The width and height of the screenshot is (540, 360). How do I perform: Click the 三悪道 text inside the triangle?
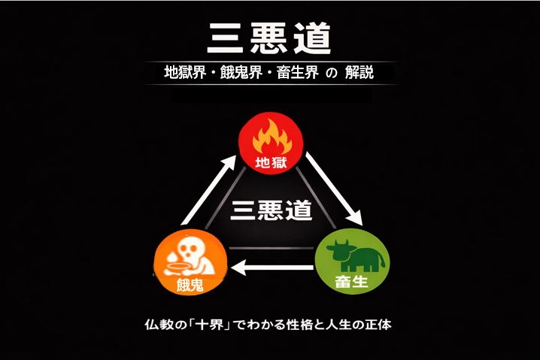(271, 209)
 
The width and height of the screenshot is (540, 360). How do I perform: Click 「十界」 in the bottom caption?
(220, 326)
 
